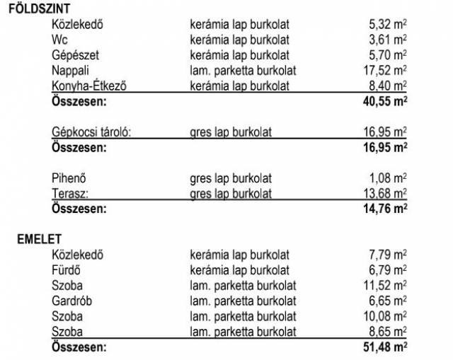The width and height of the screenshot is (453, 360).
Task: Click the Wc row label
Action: click(x=59, y=40)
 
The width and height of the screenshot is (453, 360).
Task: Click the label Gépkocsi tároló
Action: click(x=92, y=132)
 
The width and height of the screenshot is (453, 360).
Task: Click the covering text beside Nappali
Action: click(x=243, y=71)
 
